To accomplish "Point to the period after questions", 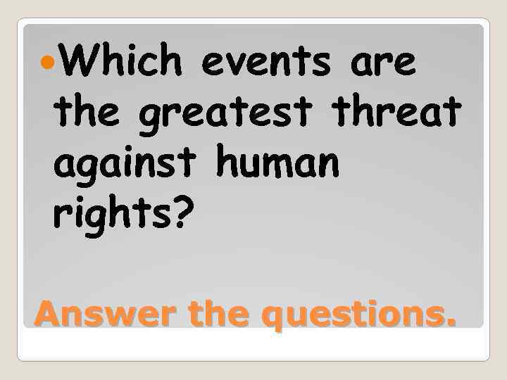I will pos(449,322).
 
